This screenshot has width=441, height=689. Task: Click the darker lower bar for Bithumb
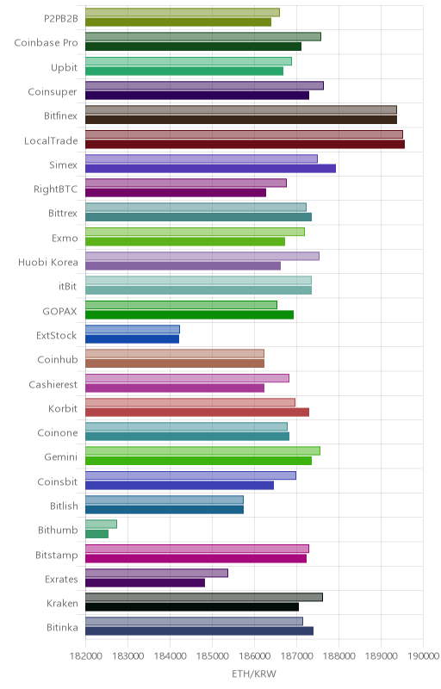(x=96, y=534)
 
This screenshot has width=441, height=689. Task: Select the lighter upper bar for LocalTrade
(x=244, y=134)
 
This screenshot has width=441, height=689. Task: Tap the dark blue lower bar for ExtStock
(x=132, y=339)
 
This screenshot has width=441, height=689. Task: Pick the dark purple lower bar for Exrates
(x=145, y=583)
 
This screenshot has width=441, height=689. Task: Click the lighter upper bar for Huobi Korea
(x=202, y=256)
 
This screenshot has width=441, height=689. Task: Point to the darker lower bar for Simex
(x=210, y=168)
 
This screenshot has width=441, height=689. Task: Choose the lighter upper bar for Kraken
(x=204, y=597)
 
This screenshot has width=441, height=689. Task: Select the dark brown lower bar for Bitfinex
(x=241, y=120)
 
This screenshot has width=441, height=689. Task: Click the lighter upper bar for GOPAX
(x=181, y=305)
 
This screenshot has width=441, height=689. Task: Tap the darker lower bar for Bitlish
(x=165, y=510)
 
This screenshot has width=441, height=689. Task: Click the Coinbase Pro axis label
(x=46, y=42)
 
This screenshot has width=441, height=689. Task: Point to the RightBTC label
(x=55, y=189)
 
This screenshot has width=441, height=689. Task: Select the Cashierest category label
(x=53, y=384)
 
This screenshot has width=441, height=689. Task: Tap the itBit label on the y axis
(x=68, y=287)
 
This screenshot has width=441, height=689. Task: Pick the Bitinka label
(x=62, y=628)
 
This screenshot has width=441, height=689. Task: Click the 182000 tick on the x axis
(x=85, y=656)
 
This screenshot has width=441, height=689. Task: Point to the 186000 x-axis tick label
(x=254, y=656)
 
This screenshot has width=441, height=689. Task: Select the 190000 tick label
(x=424, y=656)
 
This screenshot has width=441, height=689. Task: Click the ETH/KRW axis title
(x=254, y=674)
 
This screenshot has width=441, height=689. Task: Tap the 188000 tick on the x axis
(x=339, y=656)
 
